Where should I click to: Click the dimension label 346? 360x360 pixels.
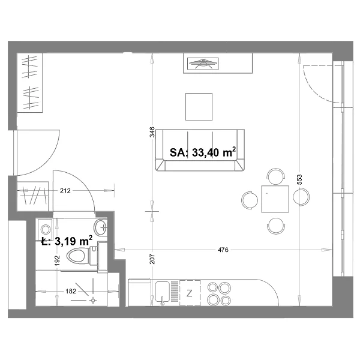click(x=152, y=132)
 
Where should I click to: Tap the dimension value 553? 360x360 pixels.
click(x=299, y=179)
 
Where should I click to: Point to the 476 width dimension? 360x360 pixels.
click(x=223, y=250)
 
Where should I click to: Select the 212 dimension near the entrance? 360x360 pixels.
click(x=65, y=191)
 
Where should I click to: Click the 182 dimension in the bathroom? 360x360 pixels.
click(x=71, y=291)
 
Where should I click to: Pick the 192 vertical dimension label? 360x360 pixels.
click(x=57, y=260)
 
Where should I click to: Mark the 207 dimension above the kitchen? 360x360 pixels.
click(x=152, y=259)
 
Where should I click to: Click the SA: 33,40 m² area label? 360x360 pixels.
click(x=203, y=152)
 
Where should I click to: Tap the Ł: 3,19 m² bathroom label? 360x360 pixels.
click(x=67, y=241)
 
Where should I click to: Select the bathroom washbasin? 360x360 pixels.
click(x=100, y=227)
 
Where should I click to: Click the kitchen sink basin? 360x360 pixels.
click(x=163, y=292)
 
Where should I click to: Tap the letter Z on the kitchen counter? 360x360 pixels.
click(x=190, y=293)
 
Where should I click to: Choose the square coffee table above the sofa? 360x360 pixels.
click(x=199, y=107)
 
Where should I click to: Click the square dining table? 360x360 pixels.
click(x=275, y=199)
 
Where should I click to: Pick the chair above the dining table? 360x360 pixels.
click(x=276, y=176)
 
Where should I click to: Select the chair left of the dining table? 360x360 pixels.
click(x=250, y=200)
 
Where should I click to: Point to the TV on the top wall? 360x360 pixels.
click(x=203, y=64)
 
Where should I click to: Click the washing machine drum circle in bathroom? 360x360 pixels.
click(x=46, y=229)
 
